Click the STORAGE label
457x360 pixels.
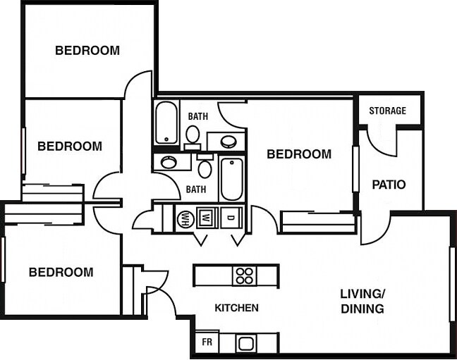[387, 111]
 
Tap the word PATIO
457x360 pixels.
[389, 185]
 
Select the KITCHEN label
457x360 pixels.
[236, 308]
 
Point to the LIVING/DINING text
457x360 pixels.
[362, 301]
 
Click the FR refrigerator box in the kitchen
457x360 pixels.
[207, 342]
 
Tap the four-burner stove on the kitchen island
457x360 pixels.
[244, 275]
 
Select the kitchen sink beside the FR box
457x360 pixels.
[246, 344]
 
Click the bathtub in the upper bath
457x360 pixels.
[166, 123]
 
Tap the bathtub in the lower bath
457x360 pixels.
[231, 179]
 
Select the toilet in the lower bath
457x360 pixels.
[205, 168]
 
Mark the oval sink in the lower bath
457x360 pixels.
[169, 162]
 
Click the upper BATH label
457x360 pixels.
[197, 116]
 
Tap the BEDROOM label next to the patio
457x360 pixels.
[299, 154]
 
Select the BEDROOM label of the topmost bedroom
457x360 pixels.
[87, 51]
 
